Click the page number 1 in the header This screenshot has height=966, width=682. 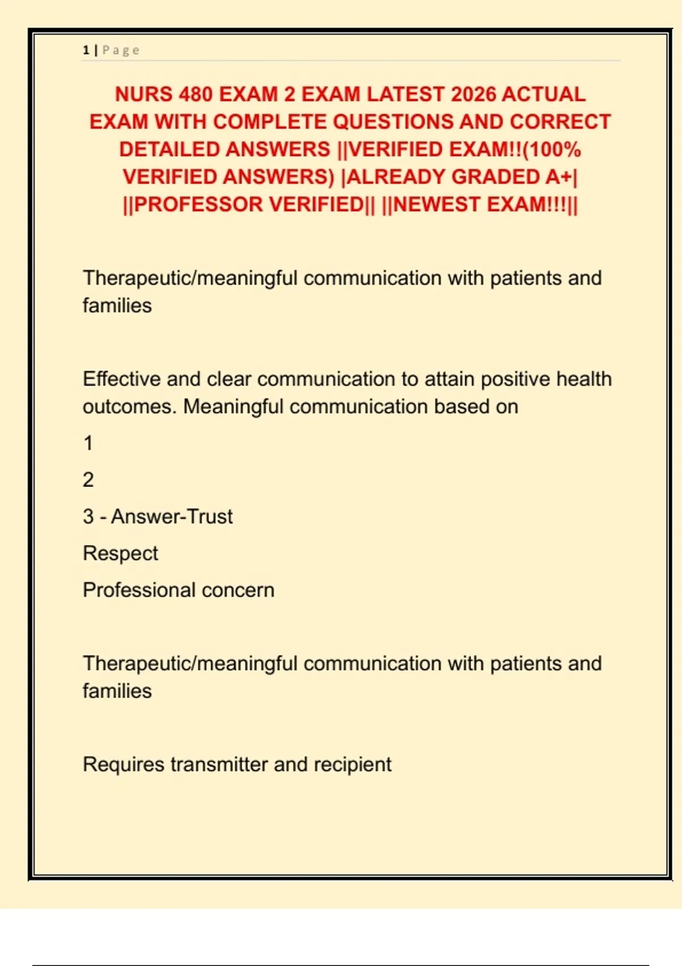pos(86,50)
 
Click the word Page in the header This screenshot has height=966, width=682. pos(121,50)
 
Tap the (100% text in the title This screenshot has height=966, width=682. pos(552,149)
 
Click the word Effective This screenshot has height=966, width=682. pos(121,379)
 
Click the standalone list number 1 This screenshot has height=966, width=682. pos(88,443)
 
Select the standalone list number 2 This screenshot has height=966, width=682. pos(88,480)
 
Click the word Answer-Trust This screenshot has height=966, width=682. pos(172,517)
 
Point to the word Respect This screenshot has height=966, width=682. pos(120,553)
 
